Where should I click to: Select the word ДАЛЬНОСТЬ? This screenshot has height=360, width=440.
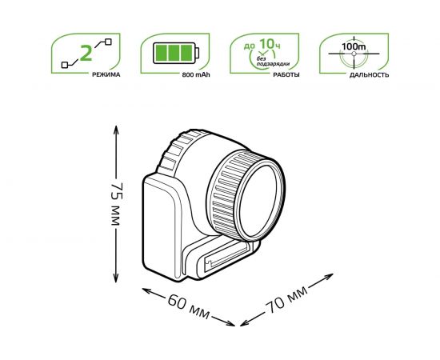pyautogui.click(x=370, y=74)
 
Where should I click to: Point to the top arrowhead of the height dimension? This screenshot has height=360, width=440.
pyautogui.click(x=115, y=127)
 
